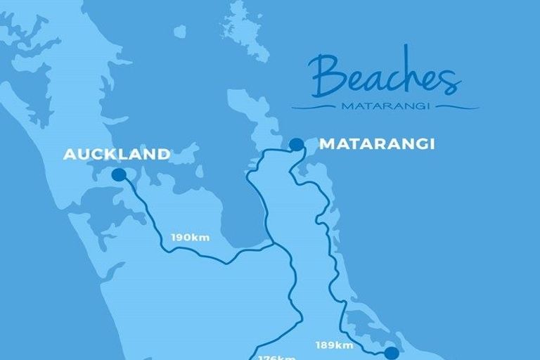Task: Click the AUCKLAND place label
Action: (117, 154)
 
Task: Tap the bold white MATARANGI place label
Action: (377, 144)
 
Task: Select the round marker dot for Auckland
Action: (119, 174)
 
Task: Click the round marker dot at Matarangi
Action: (297, 145)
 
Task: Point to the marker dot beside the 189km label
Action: (392, 353)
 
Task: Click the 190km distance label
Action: (191, 238)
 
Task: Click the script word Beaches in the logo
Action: (384, 77)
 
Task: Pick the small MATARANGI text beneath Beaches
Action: (385, 108)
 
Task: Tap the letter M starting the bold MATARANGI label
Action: (327, 144)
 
